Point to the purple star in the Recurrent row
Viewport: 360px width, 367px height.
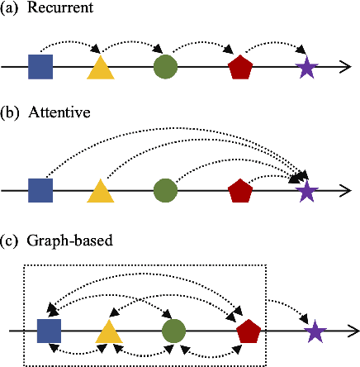tap(306, 68)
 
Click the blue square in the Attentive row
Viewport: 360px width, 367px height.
tap(40, 191)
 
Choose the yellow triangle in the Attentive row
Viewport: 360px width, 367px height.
tap(100, 192)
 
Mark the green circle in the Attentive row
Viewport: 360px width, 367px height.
tap(164, 191)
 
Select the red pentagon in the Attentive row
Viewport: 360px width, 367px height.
tap(240, 191)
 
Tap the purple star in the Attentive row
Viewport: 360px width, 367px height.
tap(306, 191)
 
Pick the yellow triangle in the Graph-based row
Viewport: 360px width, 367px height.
tap(108, 332)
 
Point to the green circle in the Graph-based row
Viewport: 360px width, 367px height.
tap(173, 331)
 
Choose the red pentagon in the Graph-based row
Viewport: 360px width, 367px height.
tap(249, 331)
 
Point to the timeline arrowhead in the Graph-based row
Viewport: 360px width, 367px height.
tap(353, 331)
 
